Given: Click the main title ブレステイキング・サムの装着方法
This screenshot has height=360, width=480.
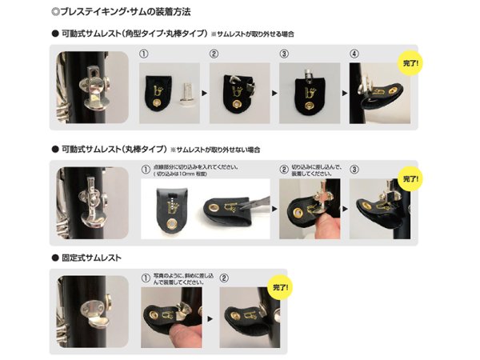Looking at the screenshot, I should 120,12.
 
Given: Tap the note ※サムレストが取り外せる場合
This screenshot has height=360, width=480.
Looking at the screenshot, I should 253,34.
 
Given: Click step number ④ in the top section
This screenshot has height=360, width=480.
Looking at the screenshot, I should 354,56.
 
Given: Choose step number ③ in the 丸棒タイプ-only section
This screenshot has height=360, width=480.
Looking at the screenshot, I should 354,170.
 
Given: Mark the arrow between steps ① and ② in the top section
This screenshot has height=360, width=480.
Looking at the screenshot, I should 204,93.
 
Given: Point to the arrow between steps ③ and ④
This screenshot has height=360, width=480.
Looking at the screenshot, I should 342,93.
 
